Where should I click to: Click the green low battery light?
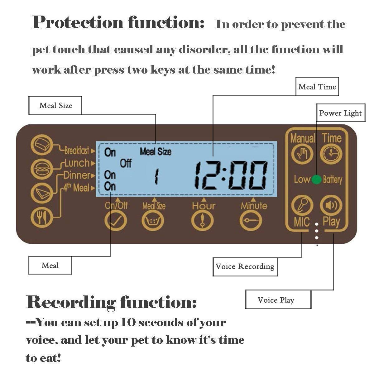click(316, 180)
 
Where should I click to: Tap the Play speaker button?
click(331, 205)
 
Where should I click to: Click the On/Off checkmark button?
click(116, 220)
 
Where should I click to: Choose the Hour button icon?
click(203, 220)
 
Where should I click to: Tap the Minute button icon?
click(251, 220)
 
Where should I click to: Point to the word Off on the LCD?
click(126, 163)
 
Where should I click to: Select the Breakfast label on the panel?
click(77, 151)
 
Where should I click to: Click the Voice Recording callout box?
click(245, 266)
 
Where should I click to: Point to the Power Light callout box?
click(340, 113)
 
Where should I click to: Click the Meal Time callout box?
click(317, 87)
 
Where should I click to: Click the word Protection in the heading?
click(78, 22)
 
